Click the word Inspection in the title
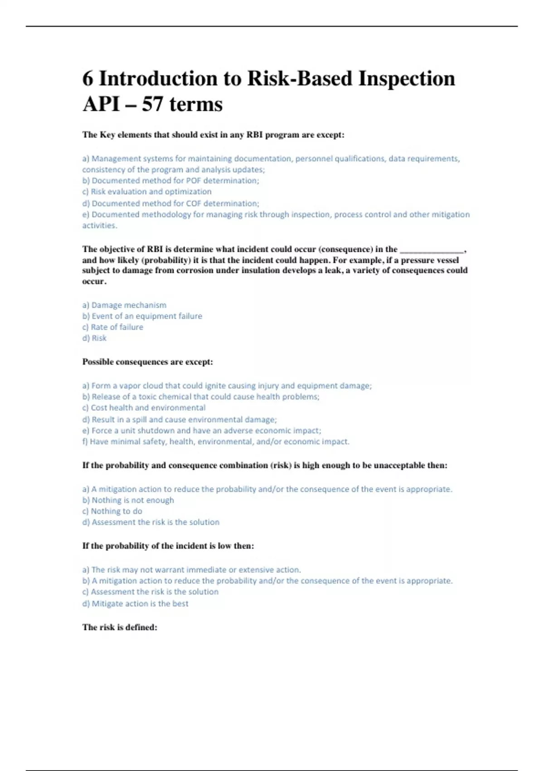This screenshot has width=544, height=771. pos(407,78)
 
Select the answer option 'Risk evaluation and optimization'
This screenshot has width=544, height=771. pos(147,192)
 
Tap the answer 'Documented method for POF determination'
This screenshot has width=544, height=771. pos(170,181)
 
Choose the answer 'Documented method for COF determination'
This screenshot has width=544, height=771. pos(170,204)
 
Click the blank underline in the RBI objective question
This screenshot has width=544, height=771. pos(432,250)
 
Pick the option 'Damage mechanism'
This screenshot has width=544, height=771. pos(124,305)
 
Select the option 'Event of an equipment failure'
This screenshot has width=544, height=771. pos(142,316)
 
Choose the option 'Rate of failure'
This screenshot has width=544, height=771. pos(112,327)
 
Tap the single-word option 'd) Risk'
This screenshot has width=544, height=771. pos(94,338)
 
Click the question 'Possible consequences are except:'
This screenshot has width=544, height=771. pos(147,362)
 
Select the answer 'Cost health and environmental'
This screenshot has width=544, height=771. pos(144,408)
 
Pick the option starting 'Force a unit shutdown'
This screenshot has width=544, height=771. pos(201,430)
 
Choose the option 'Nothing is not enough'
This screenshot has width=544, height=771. pos(128,500)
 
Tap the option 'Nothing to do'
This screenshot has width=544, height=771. pos(112,511)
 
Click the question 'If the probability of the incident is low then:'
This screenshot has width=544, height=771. pos(168,546)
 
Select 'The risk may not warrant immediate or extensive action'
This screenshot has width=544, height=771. pos(191,570)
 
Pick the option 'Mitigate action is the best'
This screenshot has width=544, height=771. pos(135,604)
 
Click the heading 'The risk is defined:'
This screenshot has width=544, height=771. pos(120,628)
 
